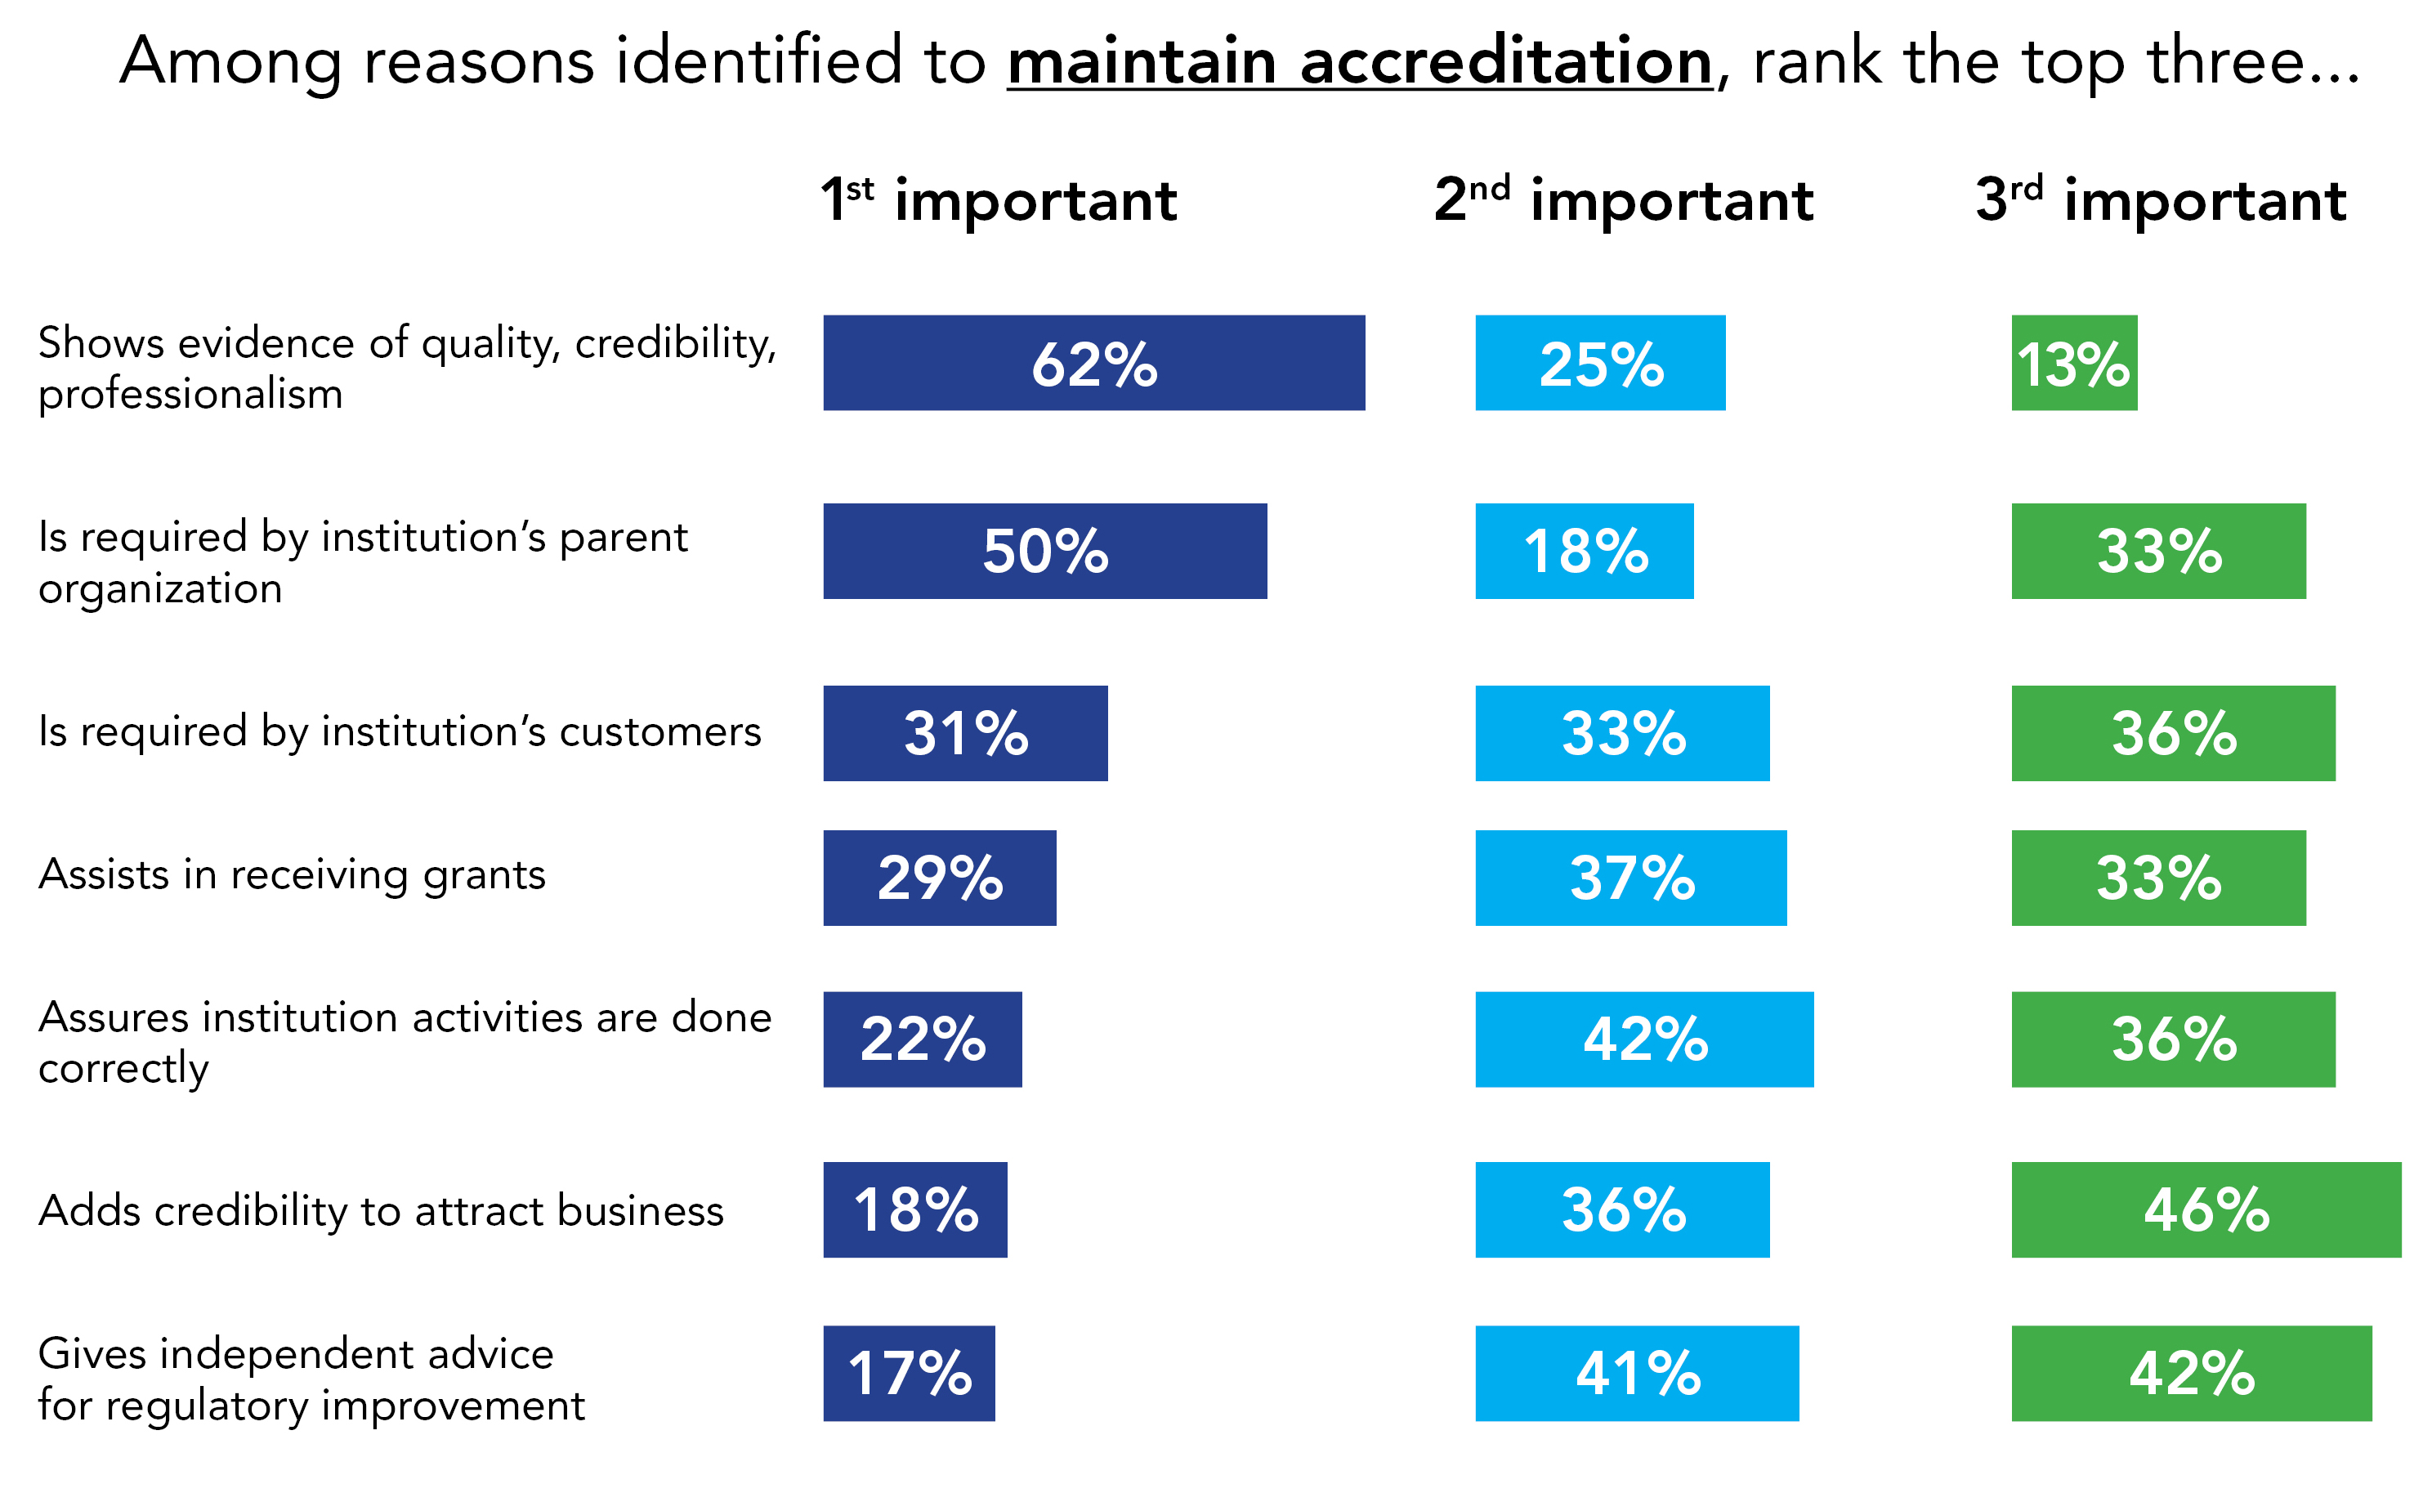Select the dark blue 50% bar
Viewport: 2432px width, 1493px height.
[1044, 551]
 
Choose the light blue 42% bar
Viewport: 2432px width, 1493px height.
[1643, 1039]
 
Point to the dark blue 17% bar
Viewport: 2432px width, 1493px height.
[909, 1373]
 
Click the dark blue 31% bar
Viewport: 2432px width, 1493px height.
[964, 733]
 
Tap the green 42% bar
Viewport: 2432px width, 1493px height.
[2190, 1373]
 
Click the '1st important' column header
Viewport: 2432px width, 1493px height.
[999, 199]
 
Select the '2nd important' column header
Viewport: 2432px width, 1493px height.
[1622, 199]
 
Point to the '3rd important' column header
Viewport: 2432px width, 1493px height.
[2160, 199]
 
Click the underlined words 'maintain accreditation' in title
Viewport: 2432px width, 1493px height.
[1359, 61]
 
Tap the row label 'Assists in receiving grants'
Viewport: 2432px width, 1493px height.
[291, 875]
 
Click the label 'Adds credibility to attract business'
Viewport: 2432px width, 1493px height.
[380, 1210]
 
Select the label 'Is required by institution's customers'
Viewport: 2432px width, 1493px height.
[399, 731]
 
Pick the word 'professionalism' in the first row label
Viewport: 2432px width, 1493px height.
[190, 394]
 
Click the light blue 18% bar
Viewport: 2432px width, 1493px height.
[1583, 551]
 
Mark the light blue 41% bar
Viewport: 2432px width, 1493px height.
[1636, 1373]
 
